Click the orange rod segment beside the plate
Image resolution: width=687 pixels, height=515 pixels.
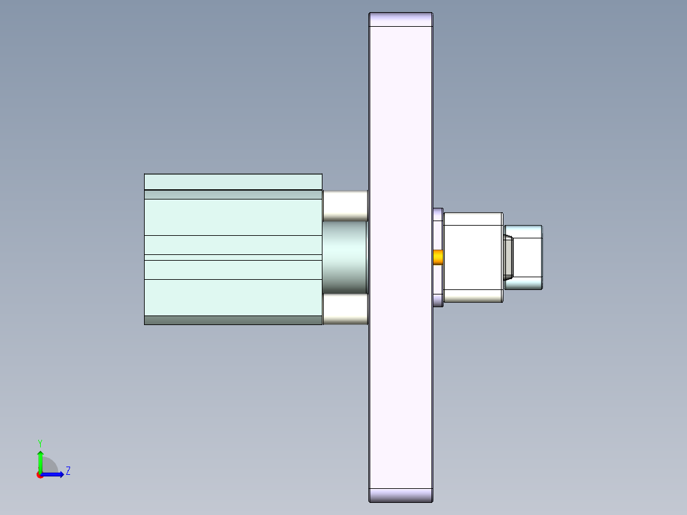(x=438, y=257)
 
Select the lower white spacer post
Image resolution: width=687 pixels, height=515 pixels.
(x=345, y=309)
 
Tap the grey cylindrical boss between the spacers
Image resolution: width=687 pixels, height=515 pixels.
(x=345, y=257)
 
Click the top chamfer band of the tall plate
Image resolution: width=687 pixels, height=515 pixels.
(x=401, y=19)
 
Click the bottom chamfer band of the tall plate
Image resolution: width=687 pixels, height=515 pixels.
(x=401, y=495)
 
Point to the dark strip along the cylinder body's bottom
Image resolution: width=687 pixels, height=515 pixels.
(x=233, y=320)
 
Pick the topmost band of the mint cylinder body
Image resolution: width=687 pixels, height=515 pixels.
(x=233, y=182)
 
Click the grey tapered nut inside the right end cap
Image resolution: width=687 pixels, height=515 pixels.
(x=509, y=257)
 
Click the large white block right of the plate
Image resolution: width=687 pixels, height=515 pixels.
(x=473, y=257)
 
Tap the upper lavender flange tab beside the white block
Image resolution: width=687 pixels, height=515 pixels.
(x=438, y=215)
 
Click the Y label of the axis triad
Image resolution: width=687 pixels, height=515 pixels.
(x=40, y=442)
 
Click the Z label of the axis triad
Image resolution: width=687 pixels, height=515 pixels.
(x=68, y=471)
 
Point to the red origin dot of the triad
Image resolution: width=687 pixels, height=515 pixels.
(x=40, y=475)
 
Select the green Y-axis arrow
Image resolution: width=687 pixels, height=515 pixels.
(x=40, y=460)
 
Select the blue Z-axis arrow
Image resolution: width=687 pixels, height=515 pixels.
(x=54, y=474)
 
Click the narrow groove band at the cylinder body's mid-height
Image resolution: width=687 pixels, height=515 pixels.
(x=233, y=257)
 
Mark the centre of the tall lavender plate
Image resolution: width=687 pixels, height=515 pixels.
(x=401, y=257)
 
